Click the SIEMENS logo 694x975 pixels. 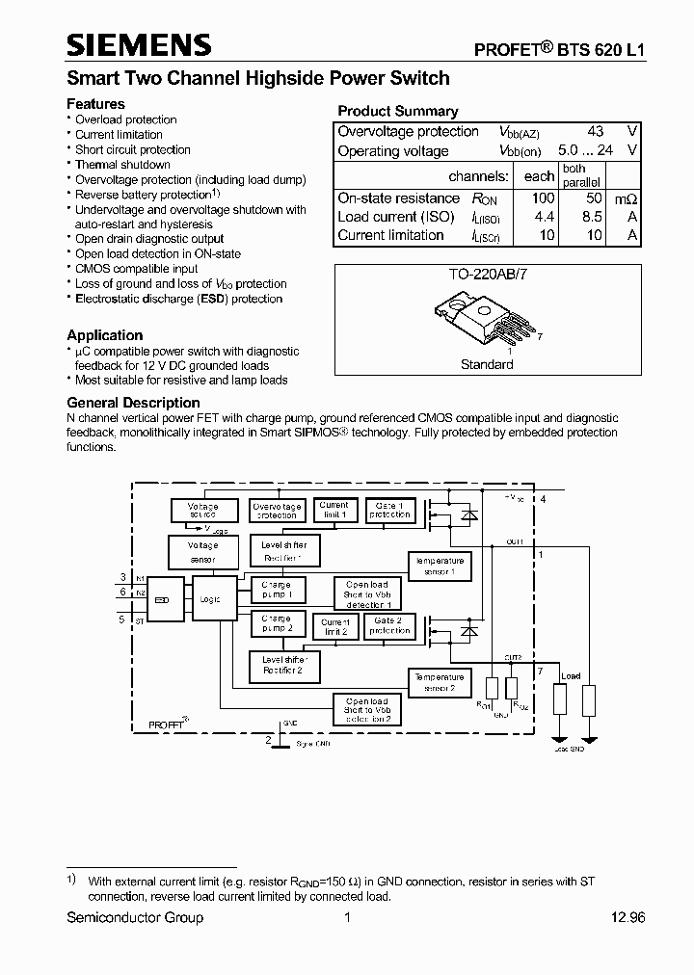[139, 44]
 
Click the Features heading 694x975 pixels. [95, 103]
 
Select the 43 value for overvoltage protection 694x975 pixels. [596, 131]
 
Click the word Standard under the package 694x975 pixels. [487, 365]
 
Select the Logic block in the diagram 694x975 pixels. [209, 599]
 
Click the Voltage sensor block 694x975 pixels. [202, 552]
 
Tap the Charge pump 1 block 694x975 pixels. [276, 589]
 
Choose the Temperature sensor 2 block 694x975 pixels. [440, 682]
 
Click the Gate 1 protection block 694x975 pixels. [389, 510]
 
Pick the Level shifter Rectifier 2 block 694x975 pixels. [281, 665]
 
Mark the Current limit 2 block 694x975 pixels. [335, 627]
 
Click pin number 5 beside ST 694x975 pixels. [122, 619]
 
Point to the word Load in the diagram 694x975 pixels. [571, 676]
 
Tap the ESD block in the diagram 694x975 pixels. [163, 599]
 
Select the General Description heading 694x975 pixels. [133, 403]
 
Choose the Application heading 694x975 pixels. [105, 335]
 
